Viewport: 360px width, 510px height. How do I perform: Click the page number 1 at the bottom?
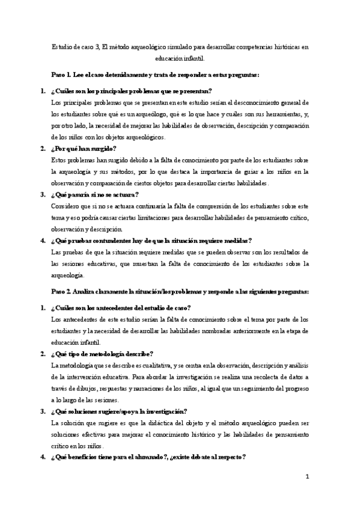click(307, 477)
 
